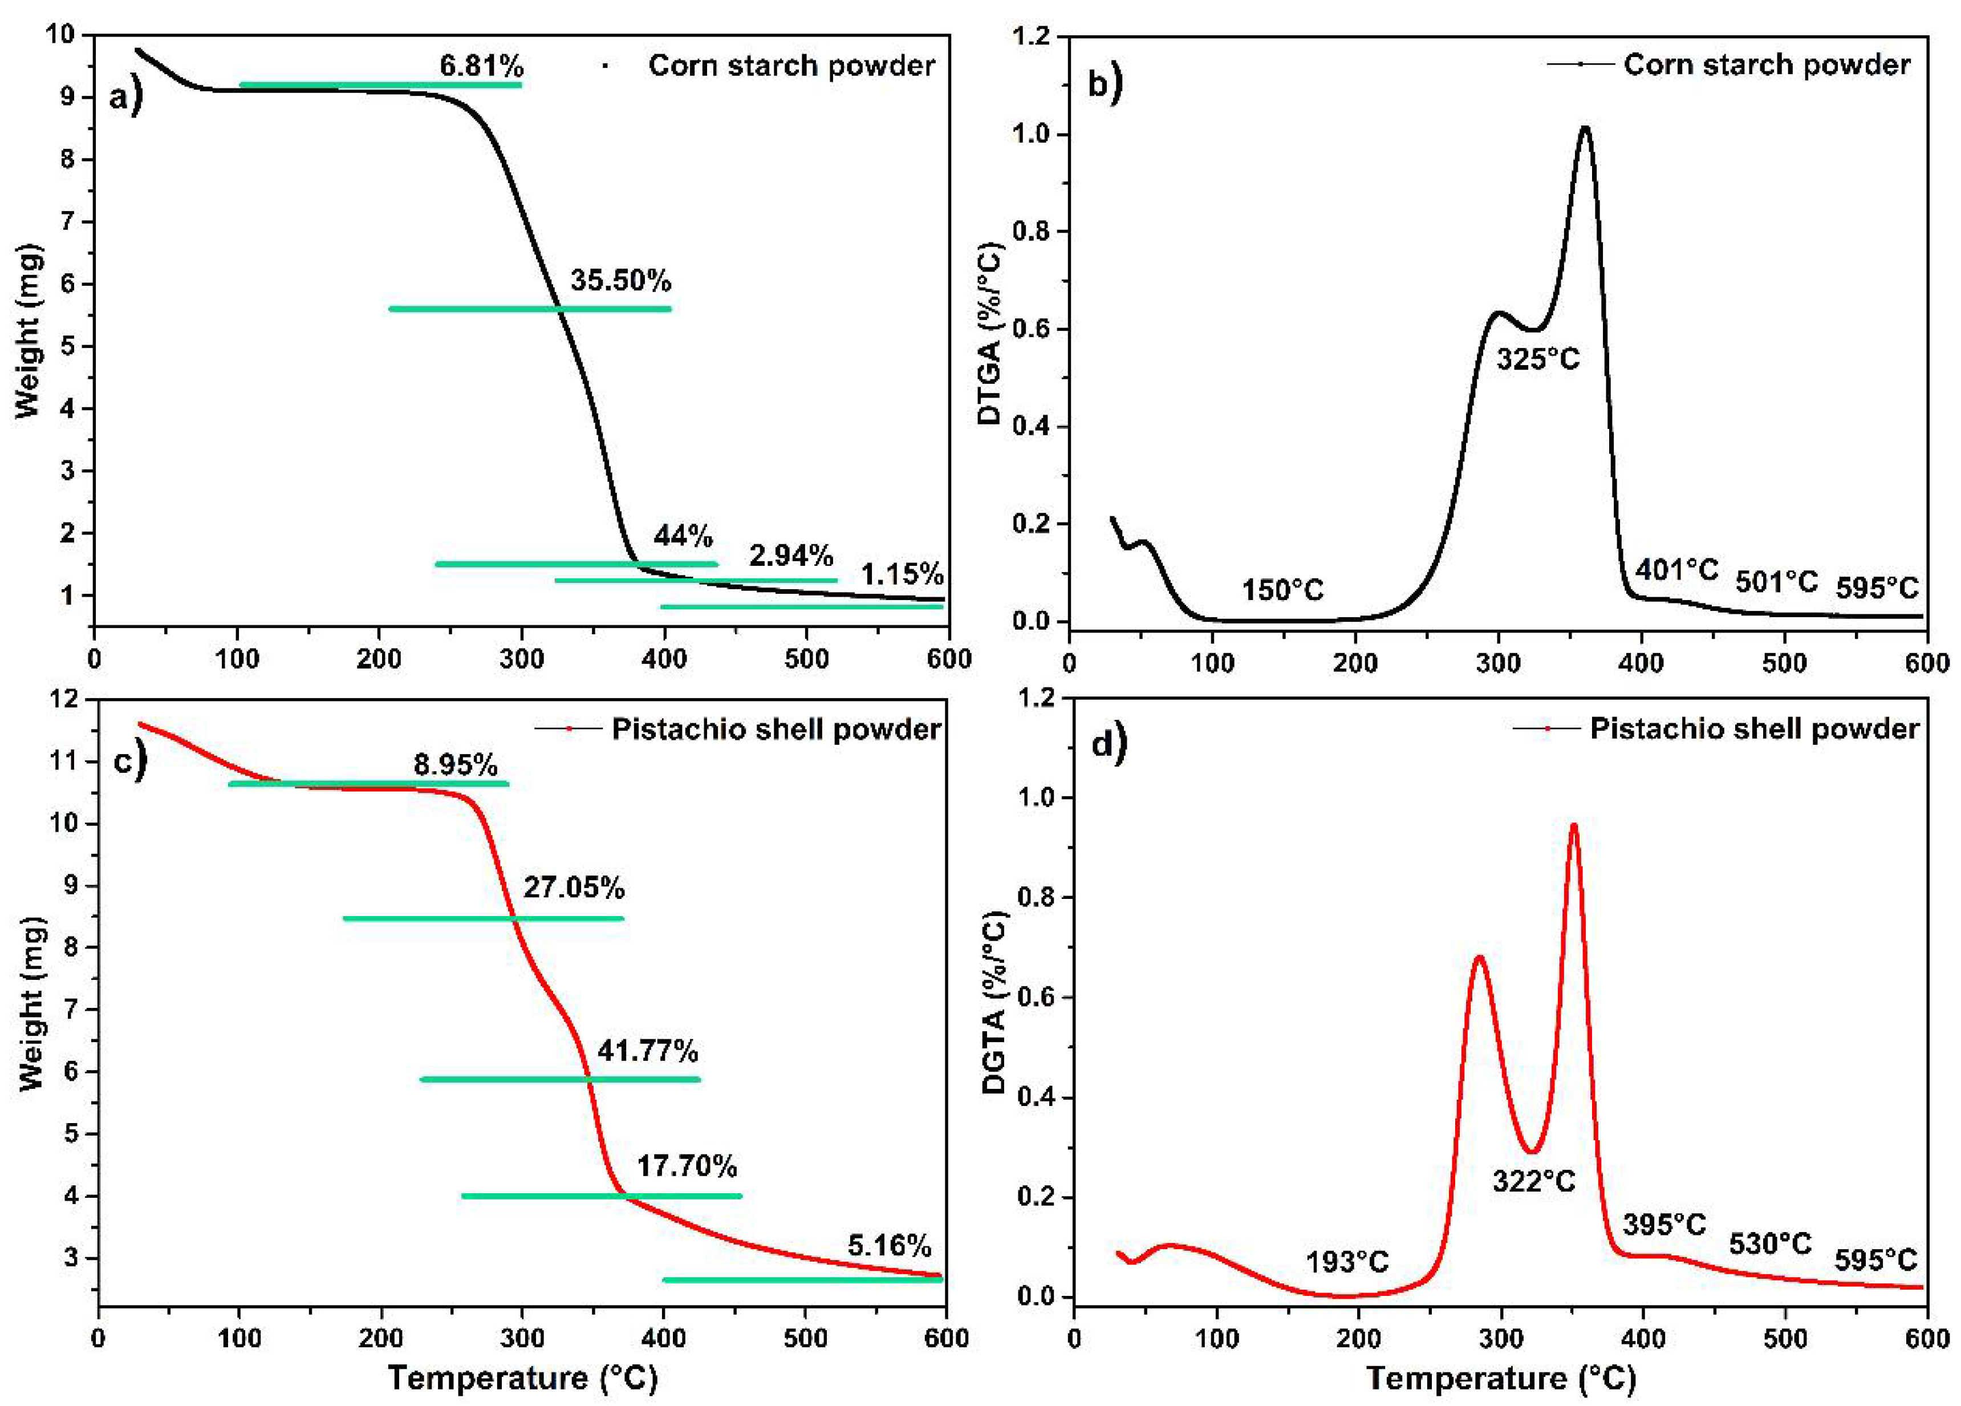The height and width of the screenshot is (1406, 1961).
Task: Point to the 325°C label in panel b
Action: [1538, 357]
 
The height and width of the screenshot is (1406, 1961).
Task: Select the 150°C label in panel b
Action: [1283, 590]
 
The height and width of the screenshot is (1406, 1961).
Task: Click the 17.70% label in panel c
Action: [687, 1166]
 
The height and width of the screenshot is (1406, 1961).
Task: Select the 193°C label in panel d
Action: [1347, 1262]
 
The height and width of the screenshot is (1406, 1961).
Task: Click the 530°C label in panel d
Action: [1770, 1243]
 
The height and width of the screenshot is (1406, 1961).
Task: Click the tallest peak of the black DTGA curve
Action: [1585, 128]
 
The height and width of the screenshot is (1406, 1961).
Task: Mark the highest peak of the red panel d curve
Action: [1574, 825]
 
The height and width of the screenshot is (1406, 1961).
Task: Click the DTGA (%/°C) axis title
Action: [990, 335]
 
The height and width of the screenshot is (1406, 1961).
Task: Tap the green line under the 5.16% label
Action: [802, 1280]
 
